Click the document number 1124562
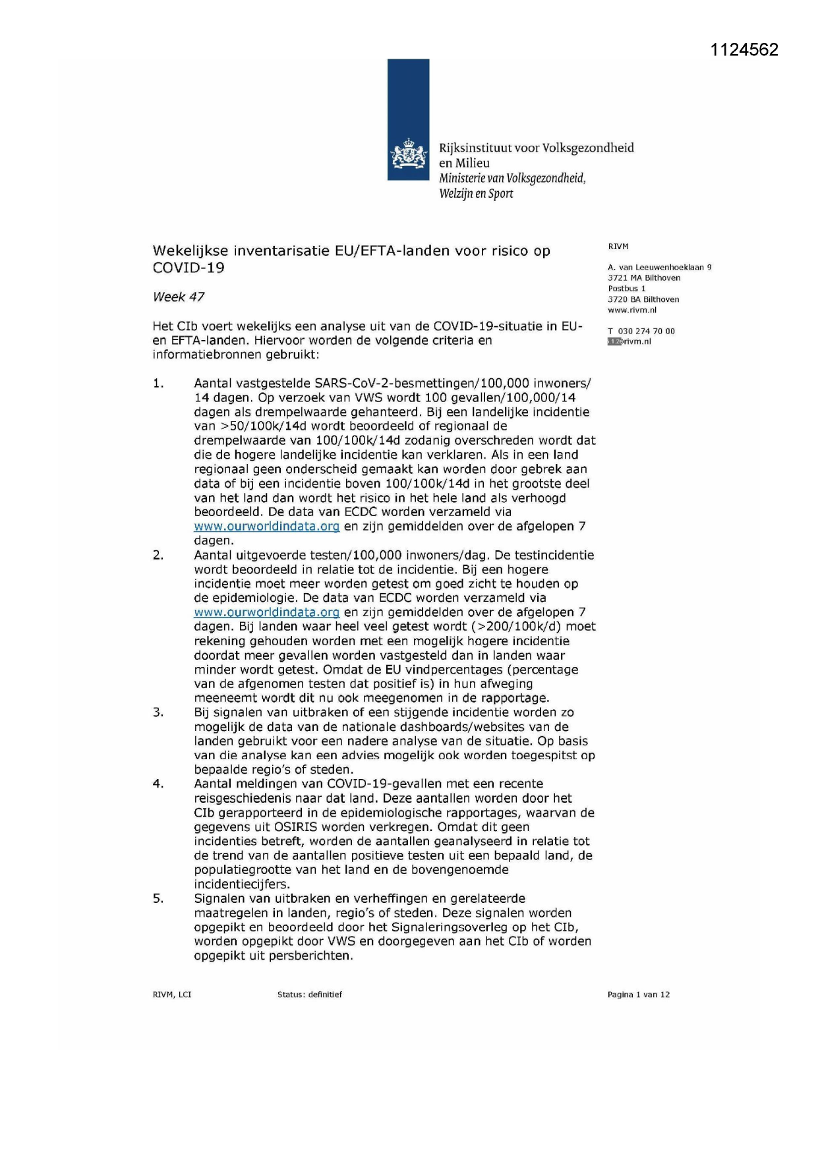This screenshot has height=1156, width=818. click(x=744, y=50)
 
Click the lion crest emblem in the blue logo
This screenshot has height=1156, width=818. click(x=408, y=156)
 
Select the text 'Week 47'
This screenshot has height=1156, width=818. click(x=179, y=297)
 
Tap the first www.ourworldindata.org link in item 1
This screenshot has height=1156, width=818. click(x=266, y=527)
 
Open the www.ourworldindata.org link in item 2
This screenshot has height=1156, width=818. click(x=266, y=612)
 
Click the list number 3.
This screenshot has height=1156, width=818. click(x=158, y=712)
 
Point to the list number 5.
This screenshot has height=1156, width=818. click(x=158, y=899)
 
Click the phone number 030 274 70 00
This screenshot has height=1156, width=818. click(x=646, y=332)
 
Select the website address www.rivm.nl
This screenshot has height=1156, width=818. click(x=632, y=310)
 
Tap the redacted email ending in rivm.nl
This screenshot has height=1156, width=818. click(x=629, y=341)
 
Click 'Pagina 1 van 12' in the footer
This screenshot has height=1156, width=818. click(x=638, y=995)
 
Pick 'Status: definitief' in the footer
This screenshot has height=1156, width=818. click(x=310, y=995)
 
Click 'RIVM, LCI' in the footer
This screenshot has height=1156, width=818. click(x=172, y=995)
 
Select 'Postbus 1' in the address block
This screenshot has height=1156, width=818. click(x=626, y=289)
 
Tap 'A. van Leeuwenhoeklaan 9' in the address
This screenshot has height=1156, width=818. click(x=659, y=268)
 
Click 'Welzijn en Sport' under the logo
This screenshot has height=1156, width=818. click(x=476, y=194)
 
